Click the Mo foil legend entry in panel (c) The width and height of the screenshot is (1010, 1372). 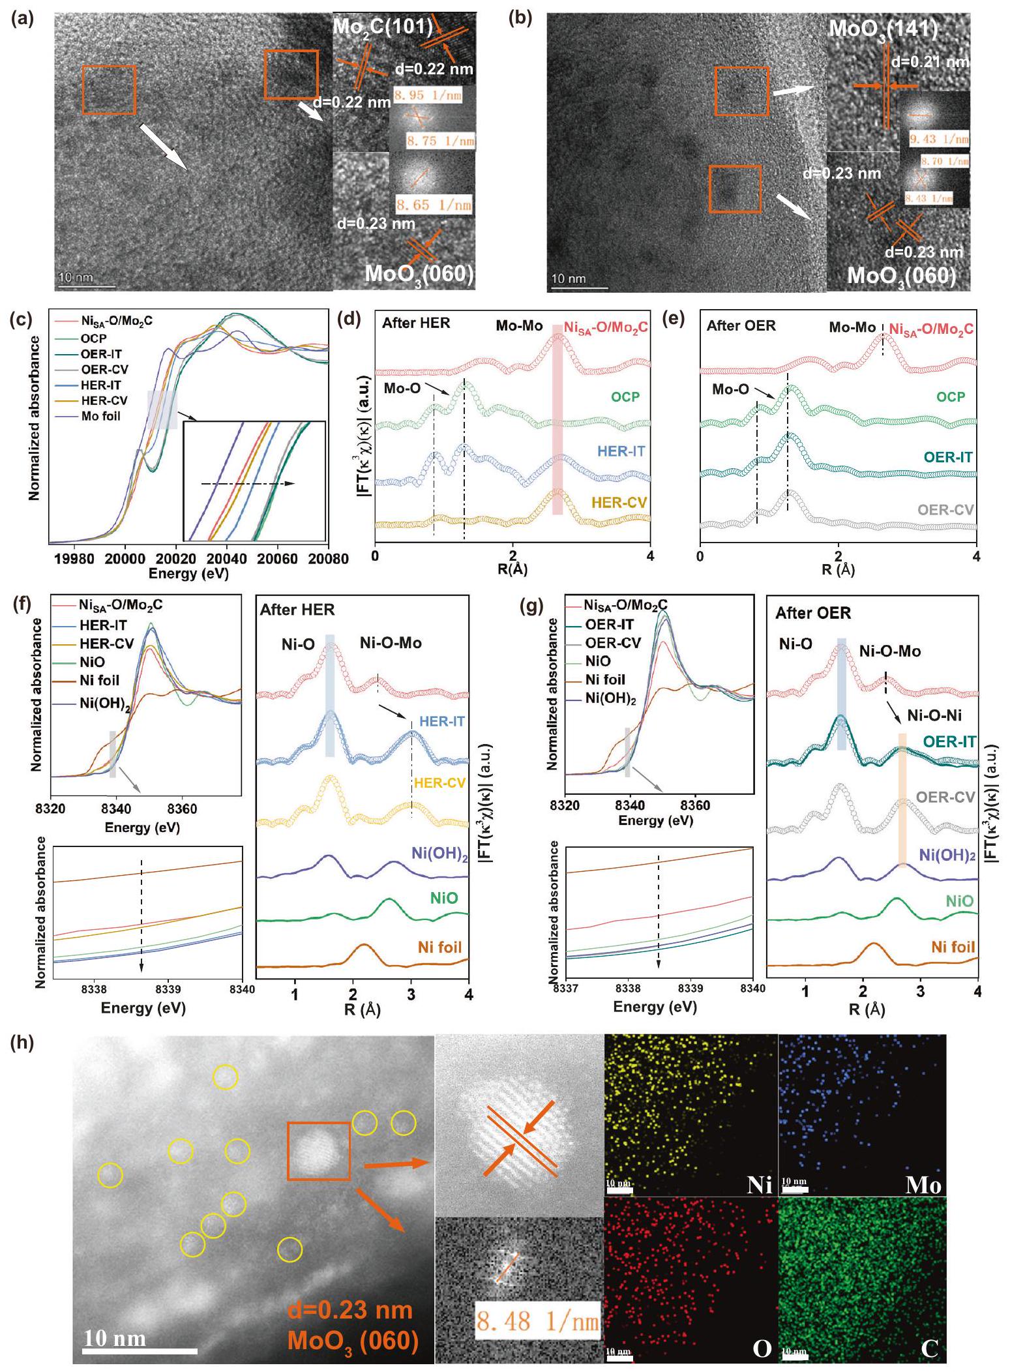(x=100, y=417)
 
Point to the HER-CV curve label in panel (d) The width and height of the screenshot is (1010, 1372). (x=619, y=502)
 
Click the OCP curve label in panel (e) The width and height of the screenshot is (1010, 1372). (x=951, y=396)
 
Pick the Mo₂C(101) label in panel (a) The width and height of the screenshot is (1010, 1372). (x=383, y=26)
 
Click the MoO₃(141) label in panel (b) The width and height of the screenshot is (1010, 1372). (x=883, y=29)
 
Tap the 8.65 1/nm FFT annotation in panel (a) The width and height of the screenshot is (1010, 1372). (x=434, y=205)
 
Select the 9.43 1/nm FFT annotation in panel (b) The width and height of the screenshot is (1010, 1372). (x=939, y=139)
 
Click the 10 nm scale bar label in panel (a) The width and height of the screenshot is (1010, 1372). (x=76, y=278)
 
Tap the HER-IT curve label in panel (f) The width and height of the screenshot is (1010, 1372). (x=442, y=721)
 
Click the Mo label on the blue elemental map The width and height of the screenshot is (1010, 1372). (x=923, y=1184)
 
